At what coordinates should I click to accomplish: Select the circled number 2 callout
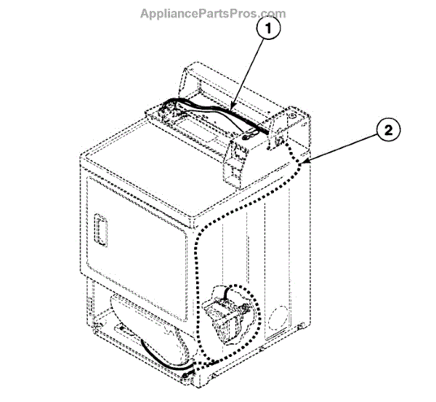pyautogui.click(x=389, y=131)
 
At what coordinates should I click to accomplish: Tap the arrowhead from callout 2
pyautogui.click(x=308, y=161)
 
